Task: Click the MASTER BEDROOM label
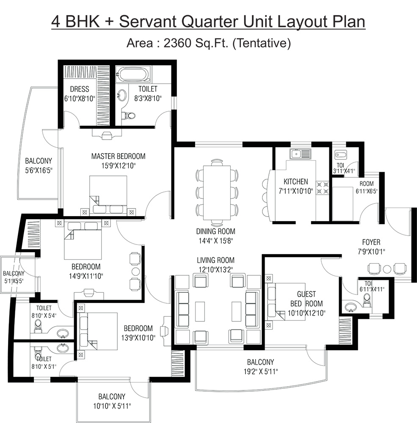(118, 157)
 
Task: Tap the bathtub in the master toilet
(133, 75)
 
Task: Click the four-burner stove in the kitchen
(323, 187)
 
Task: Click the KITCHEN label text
(296, 182)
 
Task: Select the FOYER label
(371, 242)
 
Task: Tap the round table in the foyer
(387, 269)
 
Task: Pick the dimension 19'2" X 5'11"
(260, 372)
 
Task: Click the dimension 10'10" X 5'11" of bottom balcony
(112, 406)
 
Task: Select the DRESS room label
(80, 89)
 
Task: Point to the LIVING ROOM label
(215, 260)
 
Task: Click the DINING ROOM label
(215, 232)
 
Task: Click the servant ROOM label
(367, 184)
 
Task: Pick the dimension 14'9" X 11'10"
(86, 276)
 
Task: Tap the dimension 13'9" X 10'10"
(138, 338)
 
